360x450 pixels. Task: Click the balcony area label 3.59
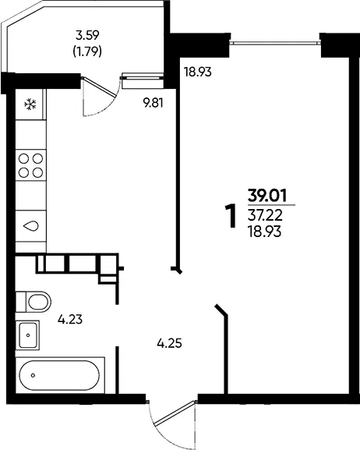tap(87, 35)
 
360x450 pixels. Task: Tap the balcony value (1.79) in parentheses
tap(87, 51)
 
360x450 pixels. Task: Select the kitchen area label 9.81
tap(154, 102)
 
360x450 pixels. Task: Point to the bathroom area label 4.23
tap(70, 319)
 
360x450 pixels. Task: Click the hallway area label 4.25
tap(169, 343)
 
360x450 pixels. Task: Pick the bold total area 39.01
tap(267, 197)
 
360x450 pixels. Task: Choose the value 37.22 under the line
tap(266, 215)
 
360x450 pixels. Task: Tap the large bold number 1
tap(231, 216)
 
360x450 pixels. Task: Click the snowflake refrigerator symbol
tap(30, 104)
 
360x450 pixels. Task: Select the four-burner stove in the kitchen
tap(30, 165)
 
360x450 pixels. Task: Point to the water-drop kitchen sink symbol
tap(30, 226)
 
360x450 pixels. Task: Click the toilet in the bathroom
tap(34, 302)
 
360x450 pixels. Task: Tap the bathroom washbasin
tap(27, 335)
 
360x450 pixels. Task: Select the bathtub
tap(60, 375)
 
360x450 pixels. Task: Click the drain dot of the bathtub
tap(33, 375)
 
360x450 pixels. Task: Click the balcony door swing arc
tap(108, 108)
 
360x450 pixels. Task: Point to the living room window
tap(275, 44)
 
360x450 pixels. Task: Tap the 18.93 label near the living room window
tap(198, 72)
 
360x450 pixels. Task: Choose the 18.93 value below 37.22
tap(264, 232)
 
